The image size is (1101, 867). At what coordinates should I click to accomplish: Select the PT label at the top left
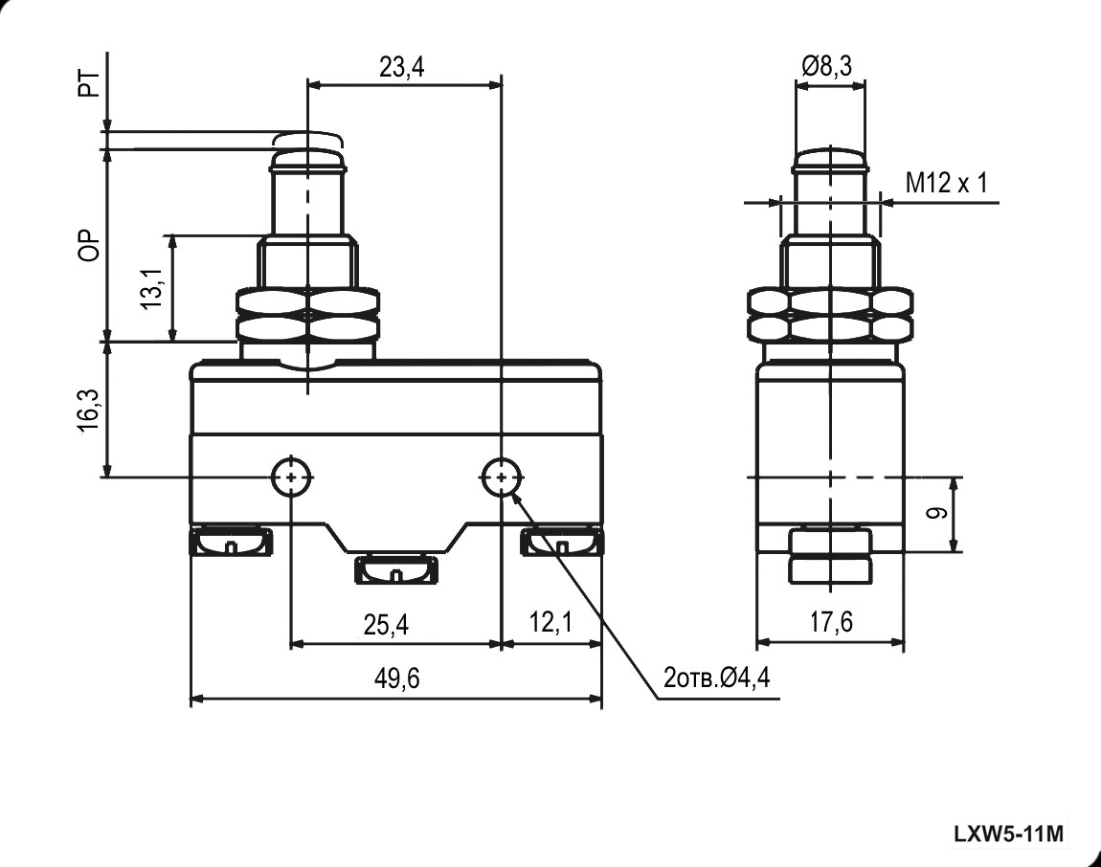click(89, 86)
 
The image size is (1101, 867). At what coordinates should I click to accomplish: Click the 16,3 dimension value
click(89, 410)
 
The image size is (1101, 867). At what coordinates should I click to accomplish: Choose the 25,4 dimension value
click(386, 625)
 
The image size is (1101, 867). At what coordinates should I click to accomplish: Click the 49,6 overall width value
click(396, 679)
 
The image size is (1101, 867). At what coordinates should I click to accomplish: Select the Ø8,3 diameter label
click(827, 66)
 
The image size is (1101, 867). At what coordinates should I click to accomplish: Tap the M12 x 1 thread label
click(946, 183)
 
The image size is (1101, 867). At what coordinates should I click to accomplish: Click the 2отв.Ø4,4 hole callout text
click(717, 679)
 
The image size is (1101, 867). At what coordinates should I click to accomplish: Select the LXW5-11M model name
click(1008, 834)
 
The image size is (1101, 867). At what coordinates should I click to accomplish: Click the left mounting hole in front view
click(291, 475)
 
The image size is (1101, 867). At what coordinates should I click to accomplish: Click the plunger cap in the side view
click(830, 160)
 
